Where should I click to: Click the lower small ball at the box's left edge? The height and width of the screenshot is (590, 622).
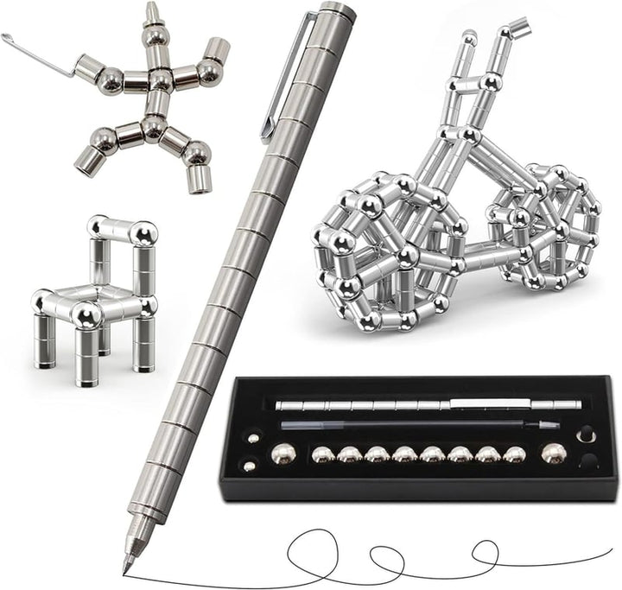(250, 466)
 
